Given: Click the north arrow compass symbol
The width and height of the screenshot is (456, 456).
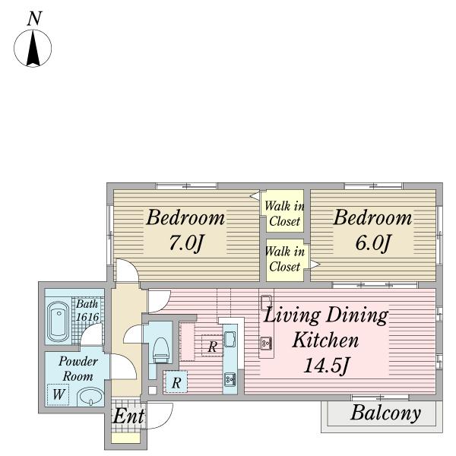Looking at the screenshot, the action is [x=33, y=49].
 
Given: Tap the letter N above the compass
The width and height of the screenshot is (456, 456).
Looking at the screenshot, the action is [x=35, y=18].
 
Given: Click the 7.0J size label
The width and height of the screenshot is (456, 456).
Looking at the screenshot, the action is [x=185, y=243].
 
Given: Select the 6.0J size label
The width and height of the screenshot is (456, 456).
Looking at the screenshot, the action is [x=372, y=243].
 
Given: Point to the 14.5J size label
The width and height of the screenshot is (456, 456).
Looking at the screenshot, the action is [x=326, y=366].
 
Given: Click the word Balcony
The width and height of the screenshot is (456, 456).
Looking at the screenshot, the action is [x=385, y=413].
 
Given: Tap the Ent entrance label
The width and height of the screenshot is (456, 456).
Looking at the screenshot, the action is [x=128, y=416].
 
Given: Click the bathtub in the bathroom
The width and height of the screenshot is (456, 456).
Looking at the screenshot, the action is [x=59, y=322].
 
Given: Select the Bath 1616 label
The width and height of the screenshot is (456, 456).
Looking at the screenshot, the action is [x=87, y=310].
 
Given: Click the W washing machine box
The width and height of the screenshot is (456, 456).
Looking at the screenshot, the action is [x=59, y=394].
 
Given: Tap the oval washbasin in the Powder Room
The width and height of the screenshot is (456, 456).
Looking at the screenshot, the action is [x=90, y=397].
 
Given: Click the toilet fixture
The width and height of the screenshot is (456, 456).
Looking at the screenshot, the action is [x=161, y=350].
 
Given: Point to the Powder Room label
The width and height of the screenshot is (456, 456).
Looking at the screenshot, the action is [x=78, y=369].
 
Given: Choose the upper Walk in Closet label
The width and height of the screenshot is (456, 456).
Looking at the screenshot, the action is [x=284, y=214].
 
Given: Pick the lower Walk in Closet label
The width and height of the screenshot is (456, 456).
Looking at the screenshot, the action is [x=285, y=259].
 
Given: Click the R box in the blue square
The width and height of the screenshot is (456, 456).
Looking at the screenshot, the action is [x=176, y=382].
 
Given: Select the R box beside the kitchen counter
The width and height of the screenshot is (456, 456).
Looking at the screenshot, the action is [x=212, y=346].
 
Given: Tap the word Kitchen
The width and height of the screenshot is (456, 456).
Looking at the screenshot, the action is [x=325, y=340].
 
